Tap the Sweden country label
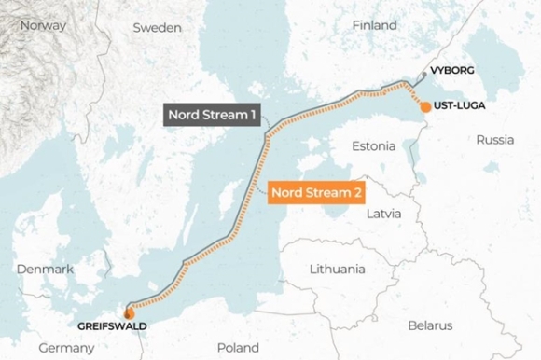(156, 28)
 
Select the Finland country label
(374, 25)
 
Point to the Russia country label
(494, 140)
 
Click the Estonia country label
(373, 146)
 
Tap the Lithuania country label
(337, 269)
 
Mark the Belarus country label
(429, 325)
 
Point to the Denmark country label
(44, 269)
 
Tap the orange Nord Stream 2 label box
(317, 193)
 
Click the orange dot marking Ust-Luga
(425, 106)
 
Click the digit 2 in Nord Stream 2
(358, 193)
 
